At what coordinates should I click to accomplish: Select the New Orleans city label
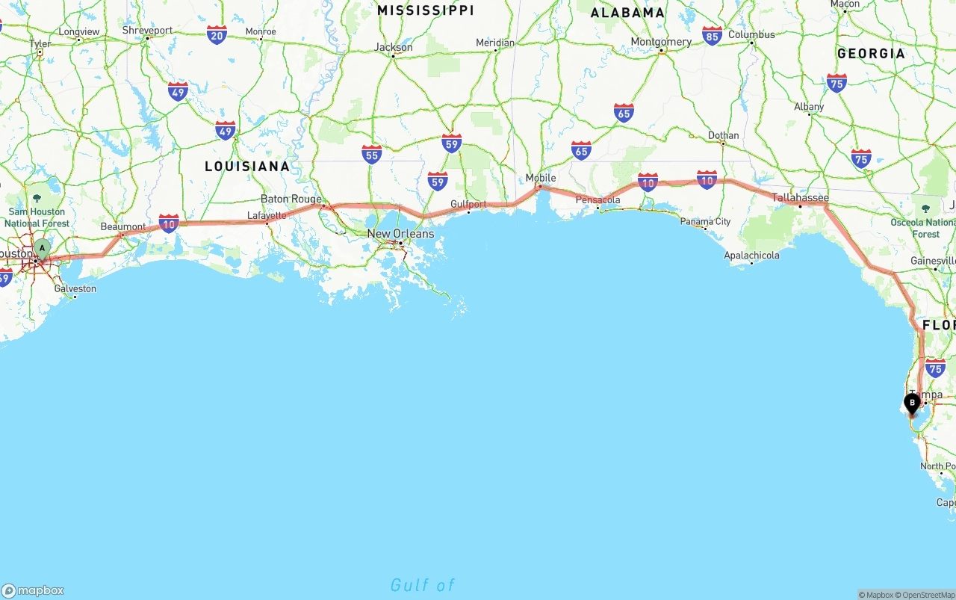pyautogui.click(x=400, y=234)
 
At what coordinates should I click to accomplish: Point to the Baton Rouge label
pyautogui.click(x=291, y=199)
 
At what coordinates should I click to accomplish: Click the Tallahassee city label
pyautogui.click(x=800, y=198)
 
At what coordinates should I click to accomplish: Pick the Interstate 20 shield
pyautogui.click(x=217, y=34)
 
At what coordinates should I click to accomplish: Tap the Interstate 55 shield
pyautogui.click(x=372, y=154)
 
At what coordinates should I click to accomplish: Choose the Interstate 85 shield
pyautogui.click(x=712, y=35)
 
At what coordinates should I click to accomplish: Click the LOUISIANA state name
pyautogui.click(x=247, y=167)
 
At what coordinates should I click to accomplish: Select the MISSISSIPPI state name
pyautogui.click(x=425, y=10)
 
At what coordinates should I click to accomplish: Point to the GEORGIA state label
pyautogui.click(x=871, y=54)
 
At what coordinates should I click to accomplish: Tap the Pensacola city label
pyautogui.click(x=597, y=200)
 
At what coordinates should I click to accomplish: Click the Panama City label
pyautogui.click(x=705, y=221)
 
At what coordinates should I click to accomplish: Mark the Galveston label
pyautogui.click(x=75, y=288)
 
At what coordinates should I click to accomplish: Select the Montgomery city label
pyautogui.click(x=661, y=42)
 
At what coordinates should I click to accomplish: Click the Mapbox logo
pyautogui.click(x=33, y=590)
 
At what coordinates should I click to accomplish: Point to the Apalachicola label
pyautogui.click(x=751, y=256)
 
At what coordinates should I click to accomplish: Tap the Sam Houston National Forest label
pyautogui.click(x=37, y=217)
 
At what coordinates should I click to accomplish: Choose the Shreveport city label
pyautogui.click(x=147, y=31)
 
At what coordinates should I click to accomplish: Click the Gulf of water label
pyautogui.click(x=422, y=585)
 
